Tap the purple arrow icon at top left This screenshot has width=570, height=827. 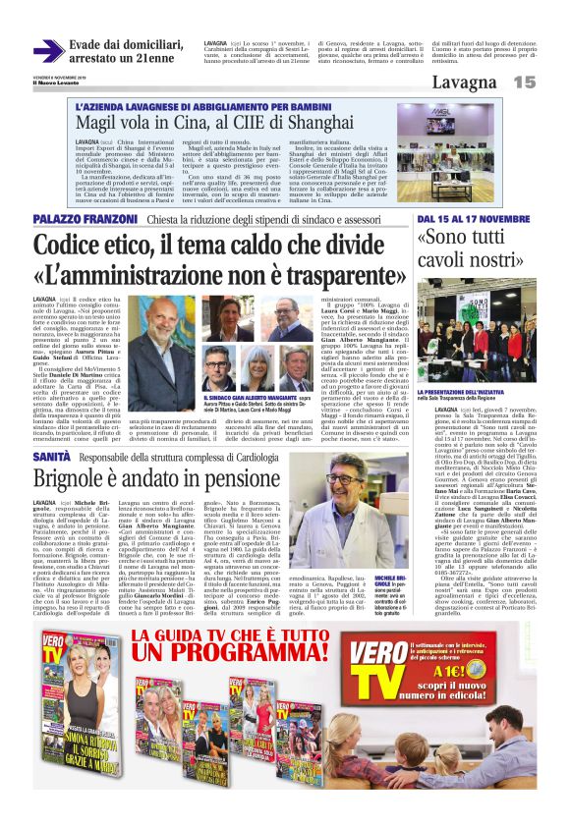47,50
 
